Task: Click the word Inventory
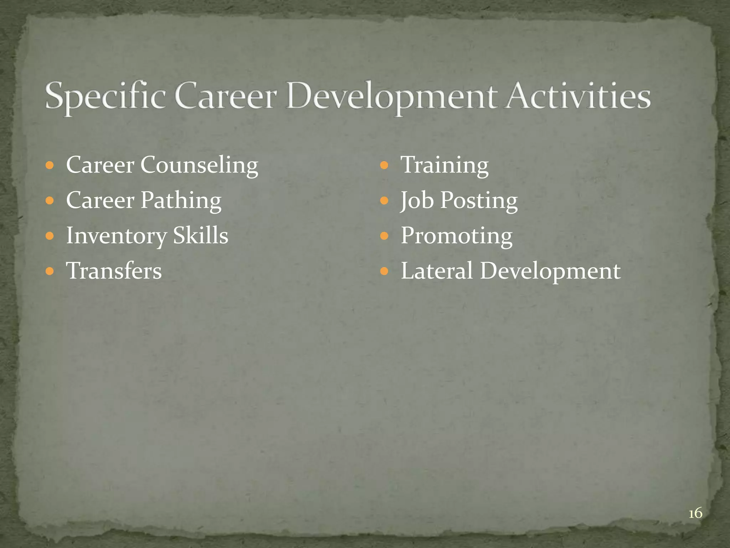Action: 116,236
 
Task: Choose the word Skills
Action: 200,235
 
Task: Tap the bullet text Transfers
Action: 114,270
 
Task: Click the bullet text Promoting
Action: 457,236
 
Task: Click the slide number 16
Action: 695,513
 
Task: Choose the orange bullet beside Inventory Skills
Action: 50,236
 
